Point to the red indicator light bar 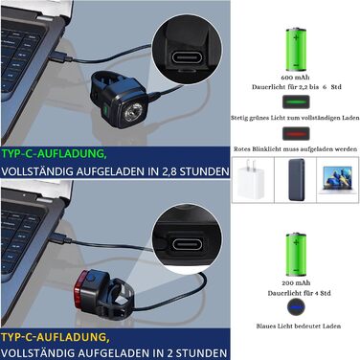pyautogui.click(x=295, y=134)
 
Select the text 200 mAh pyautogui.click(x=294, y=284)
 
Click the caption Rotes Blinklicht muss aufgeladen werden pyautogui.click(x=295, y=148)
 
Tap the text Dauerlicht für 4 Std pyautogui.click(x=294, y=294)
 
